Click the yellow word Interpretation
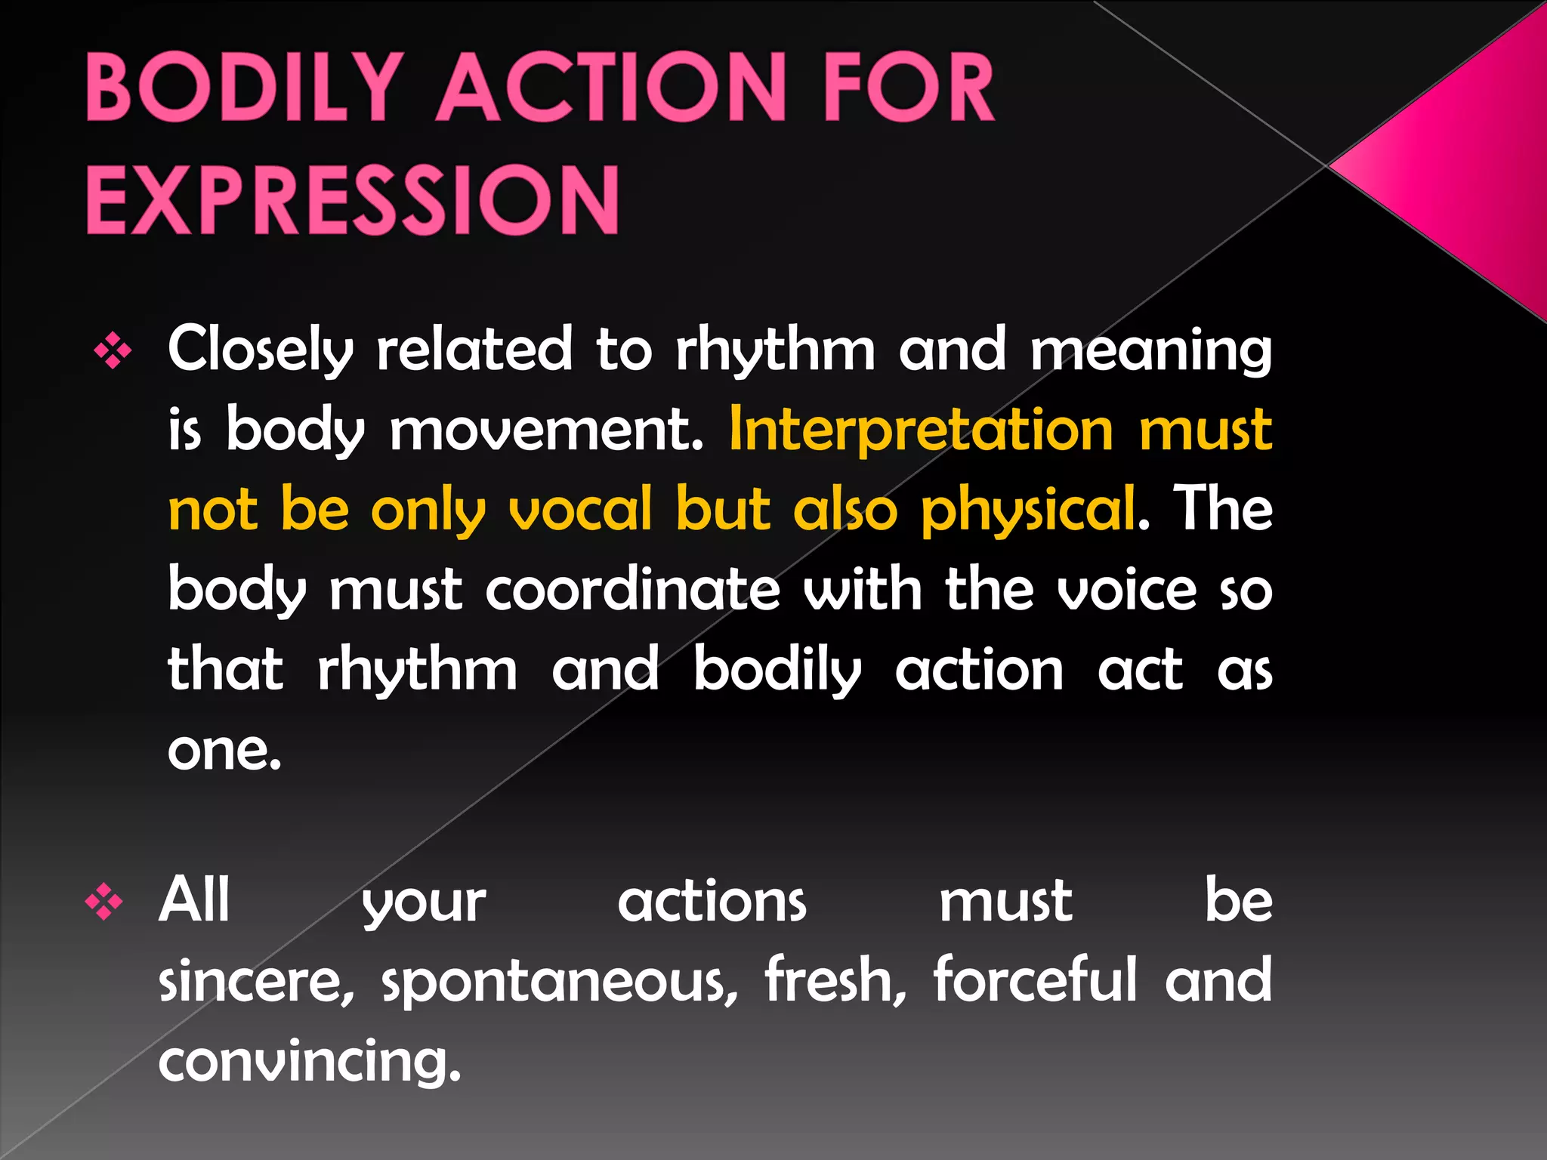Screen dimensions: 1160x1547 click(922, 430)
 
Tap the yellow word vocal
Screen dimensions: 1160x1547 click(580, 511)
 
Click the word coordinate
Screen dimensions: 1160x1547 click(632, 591)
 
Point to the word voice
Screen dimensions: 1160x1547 click(1126, 591)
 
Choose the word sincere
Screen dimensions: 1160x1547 click(257, 981)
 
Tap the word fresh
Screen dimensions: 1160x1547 click(835, 980)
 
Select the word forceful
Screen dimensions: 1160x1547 click(1036, 980)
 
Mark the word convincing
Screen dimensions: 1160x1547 click(309, 1061)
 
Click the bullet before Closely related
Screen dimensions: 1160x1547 click(113, 352)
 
